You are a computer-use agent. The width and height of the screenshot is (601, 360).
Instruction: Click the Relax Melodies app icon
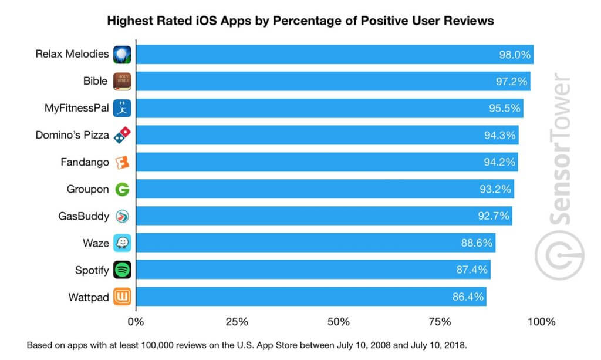pyautogui.click(x=122, y=55)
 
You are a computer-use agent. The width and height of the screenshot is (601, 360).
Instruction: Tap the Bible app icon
pyautogui.click(x=122, y=81)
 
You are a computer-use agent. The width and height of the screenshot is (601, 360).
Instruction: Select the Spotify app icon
pyautogui.click(x=122, y=270)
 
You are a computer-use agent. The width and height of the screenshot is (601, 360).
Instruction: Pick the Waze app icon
pyautogui.click(x=122, y=243)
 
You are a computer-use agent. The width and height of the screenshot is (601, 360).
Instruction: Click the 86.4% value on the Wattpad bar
pyautogui.click(x=468, y=297)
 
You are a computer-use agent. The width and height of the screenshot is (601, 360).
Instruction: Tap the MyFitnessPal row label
pyautogui.click(x=76, y=108)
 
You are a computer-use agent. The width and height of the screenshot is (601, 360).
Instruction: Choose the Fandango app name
pyautogui.click(x=85, y=162)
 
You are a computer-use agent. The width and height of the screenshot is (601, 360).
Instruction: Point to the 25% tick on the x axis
pyautogui.click(x=237, y=322)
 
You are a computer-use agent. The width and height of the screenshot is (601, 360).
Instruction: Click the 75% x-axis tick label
pyautogui.click(x=440, y=322)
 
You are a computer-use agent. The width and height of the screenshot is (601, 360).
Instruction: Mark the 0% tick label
pyautogui.click(x=136, y=322)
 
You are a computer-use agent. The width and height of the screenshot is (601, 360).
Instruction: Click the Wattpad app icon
pyautogui.click(x=122, y=297)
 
